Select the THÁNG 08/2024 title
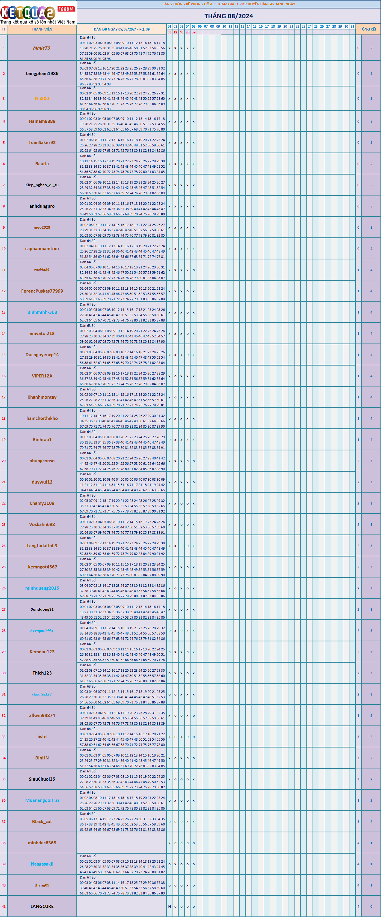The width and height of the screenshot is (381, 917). pyautogui.click(x=229, y=16)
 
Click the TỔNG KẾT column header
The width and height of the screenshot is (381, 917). pyautogui.click(x=368, y=29)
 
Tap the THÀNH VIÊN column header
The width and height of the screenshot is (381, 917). pyautogui.click(x=42, y=29)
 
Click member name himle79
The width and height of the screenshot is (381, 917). pyautogui.click(x=42, y=48)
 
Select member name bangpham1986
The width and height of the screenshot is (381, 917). pyautogui.click(x=42, y=74)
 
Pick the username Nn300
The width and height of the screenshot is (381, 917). pyautogui.click(x=42, y=99)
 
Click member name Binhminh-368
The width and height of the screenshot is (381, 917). pyautogui.click(x=42, y=312)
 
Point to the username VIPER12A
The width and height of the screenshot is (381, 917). pyautogui.click(x=42, y=376)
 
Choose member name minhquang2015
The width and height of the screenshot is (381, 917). pyautogui.click(x=42, y=588)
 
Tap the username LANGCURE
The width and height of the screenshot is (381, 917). pyautogui.click(x=42, y=906)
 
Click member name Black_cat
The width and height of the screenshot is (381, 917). pyautogui.click(x=42, y=822)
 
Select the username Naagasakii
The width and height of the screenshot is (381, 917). pyautogui.click(x=42, y=864)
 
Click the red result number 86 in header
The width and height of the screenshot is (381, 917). pyautogui.click(x=188, y=32)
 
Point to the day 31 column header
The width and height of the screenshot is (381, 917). pyautogui.click(x=352, y=26)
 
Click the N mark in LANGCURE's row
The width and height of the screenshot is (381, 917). pyautogui.click(x=170, y=907)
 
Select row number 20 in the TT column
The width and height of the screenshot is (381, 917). pyautogui.click(x=3, y=461)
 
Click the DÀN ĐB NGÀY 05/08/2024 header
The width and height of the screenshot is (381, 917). pyautogui.click(x=122, y=29)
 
